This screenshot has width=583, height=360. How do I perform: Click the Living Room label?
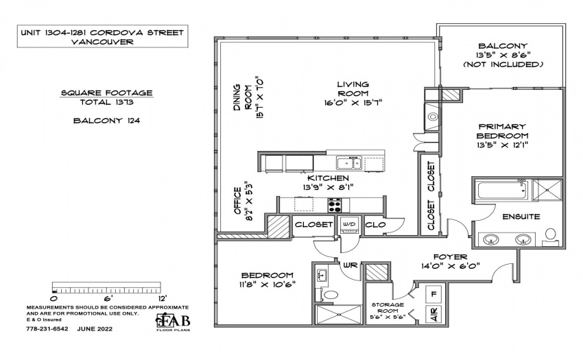coord(353,89)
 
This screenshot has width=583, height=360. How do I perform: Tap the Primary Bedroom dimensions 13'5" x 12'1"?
coord(502,145)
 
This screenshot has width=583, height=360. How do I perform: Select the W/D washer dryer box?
coord(348,225)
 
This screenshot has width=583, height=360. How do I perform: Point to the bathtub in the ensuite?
coord(502,190)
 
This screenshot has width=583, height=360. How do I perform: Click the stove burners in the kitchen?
coord(335,205)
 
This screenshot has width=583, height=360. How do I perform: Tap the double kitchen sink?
coord(348,163)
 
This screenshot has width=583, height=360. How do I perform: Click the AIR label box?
coord(433,314)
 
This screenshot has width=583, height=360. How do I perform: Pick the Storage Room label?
coord(388,311)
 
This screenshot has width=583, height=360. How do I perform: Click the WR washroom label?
coord(350,265)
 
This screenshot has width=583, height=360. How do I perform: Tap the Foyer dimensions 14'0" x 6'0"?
coord(450,266)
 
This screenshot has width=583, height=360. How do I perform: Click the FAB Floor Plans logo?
coord(173,322)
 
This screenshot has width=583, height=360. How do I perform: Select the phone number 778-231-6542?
coord(47,328)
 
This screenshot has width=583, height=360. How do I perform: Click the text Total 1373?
coord(107,102)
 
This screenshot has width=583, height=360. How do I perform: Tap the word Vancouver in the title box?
coord(102,42)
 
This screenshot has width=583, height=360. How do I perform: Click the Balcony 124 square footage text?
coord(107,121)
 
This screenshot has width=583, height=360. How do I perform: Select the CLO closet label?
coord(376,225)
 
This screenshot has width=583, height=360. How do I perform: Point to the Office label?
coord(237,201)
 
